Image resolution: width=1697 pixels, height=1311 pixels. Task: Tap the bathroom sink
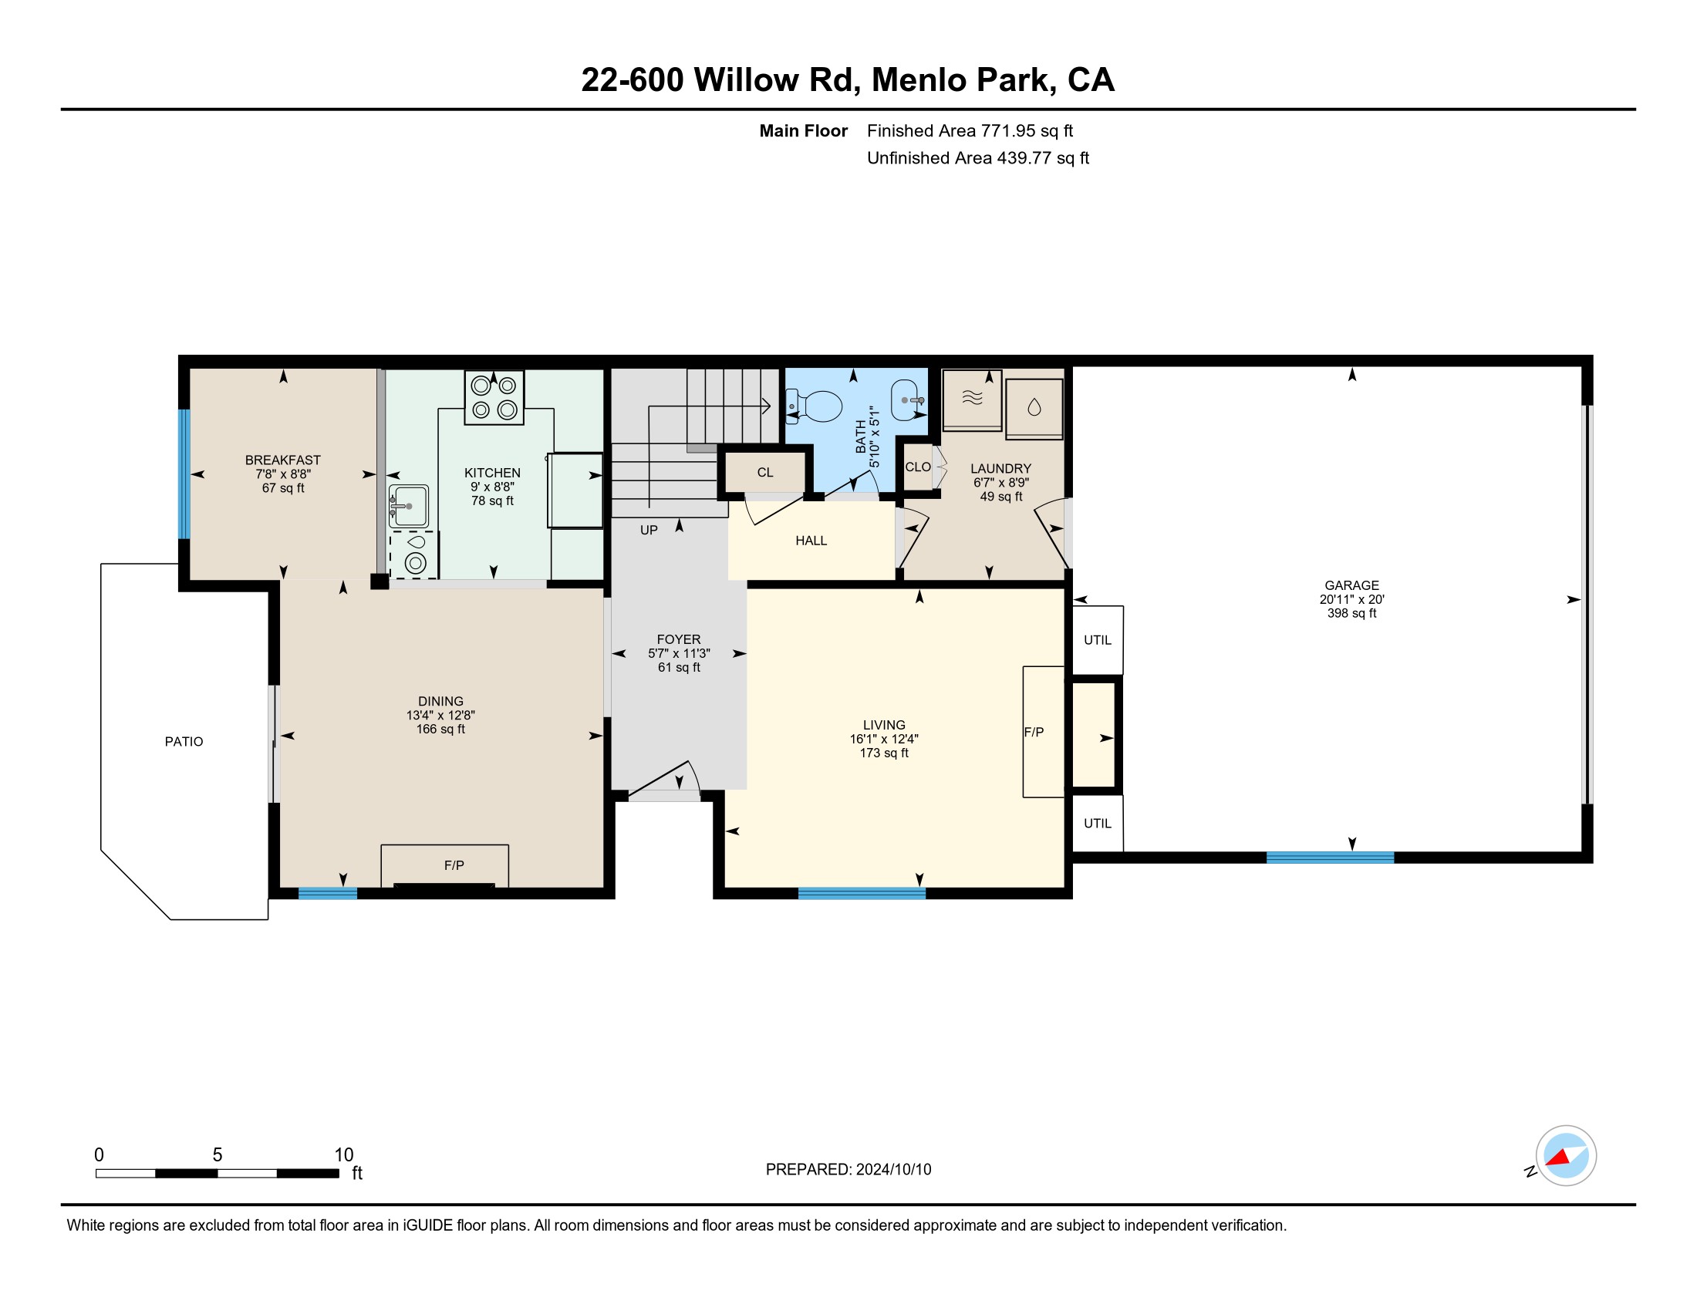(906, 400)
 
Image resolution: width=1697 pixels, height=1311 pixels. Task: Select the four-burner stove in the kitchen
(494, 397)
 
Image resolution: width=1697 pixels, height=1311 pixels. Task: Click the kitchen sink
(408, 507)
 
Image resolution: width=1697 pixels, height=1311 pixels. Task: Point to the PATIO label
(184, 742)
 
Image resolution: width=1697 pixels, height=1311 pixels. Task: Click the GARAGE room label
(1352, 585)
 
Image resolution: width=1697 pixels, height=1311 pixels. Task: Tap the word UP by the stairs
(649, 531)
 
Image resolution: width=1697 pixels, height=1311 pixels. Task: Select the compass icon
(1566, 1156)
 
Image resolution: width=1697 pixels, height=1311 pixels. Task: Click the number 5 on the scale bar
(218, 1155)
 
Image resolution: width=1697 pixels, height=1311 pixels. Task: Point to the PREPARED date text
(848, 1170)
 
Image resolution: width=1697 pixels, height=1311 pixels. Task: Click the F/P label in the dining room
(454, 865)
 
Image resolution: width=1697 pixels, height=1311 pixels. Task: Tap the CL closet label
(765, 472)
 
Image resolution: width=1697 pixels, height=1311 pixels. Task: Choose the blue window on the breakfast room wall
(184, 474)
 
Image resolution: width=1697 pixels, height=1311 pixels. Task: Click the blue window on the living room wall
(862, 893)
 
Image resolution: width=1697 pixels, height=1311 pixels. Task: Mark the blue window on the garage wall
(1331, 858)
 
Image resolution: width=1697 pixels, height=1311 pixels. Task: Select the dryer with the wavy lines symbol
(972, 400)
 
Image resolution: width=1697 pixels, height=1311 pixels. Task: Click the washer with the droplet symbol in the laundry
(1034, 409)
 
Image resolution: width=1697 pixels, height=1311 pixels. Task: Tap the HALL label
(811, 541)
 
